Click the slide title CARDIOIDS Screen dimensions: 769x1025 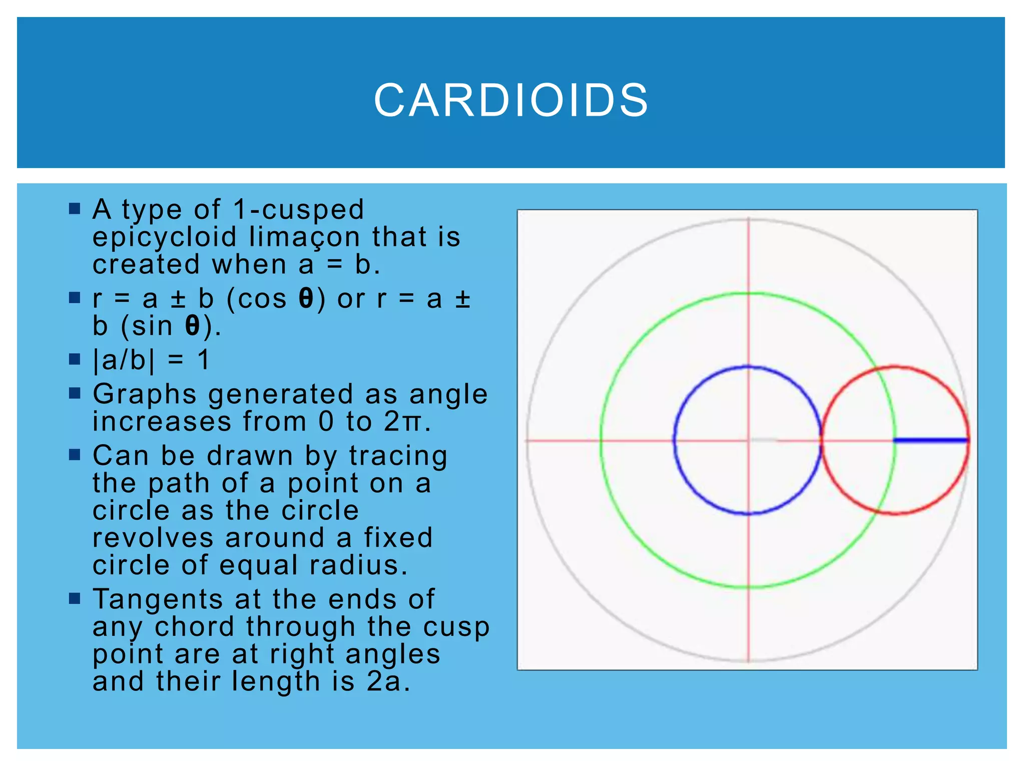click(x=511, y=101)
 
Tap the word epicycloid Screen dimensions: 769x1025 click(x=165, y=237)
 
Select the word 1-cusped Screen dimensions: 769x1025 click(x=299, y=210)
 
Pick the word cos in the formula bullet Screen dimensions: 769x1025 click(x=262, y=299)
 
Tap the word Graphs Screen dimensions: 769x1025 click(x=144, y=395)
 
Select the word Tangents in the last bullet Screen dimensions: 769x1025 click(x=158, y=599)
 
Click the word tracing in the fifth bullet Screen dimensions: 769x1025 click(x=398, y=457)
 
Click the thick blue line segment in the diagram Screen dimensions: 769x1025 click(x=931, y=441)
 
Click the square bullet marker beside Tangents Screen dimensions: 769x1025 click(x=75, y=598)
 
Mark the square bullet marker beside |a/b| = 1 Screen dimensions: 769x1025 click(x=75, y=359)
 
